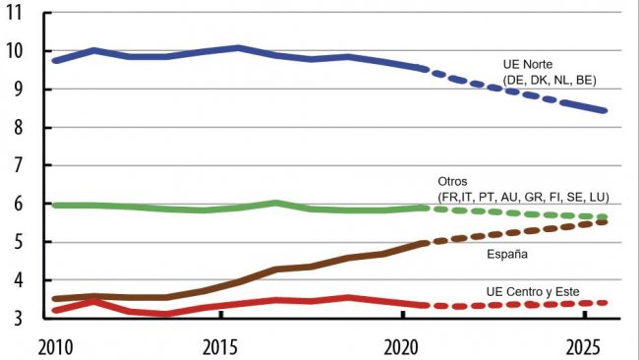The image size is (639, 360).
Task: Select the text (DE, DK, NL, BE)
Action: point(551,80)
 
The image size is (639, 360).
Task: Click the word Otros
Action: point(453,183)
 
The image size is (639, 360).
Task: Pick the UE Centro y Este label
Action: point(533,291)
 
